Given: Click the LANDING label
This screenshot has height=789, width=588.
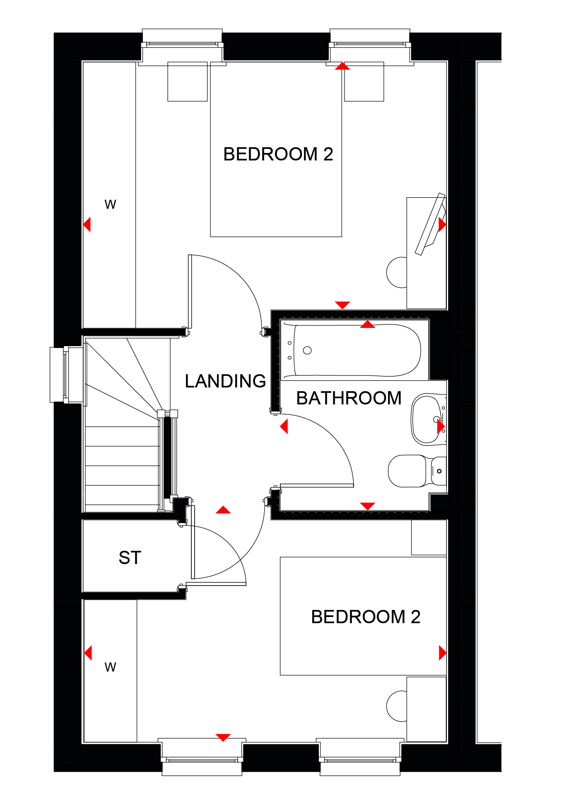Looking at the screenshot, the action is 225,381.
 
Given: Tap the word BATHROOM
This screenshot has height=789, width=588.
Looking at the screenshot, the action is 349,398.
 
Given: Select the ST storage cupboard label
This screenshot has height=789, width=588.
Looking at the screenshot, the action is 130,557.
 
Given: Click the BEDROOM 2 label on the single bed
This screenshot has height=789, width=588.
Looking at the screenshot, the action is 366,617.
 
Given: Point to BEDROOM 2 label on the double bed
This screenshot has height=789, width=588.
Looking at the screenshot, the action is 278,154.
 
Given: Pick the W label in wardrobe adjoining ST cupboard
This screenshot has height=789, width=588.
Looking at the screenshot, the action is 110,667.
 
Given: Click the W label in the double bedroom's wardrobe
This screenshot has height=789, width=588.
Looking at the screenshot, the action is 110,204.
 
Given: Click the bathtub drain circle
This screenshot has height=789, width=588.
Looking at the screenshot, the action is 307,350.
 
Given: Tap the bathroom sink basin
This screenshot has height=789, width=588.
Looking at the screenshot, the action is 427,419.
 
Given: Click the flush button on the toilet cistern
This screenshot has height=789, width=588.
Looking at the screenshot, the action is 439,471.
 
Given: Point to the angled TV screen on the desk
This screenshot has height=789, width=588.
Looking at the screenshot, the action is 430,224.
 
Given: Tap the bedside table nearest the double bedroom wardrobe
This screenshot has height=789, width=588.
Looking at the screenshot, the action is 188,81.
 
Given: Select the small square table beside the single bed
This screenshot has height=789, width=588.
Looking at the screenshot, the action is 429,537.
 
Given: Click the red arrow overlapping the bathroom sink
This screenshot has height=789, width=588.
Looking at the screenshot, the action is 441,426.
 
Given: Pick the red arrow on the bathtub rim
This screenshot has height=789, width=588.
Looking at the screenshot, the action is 367,324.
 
